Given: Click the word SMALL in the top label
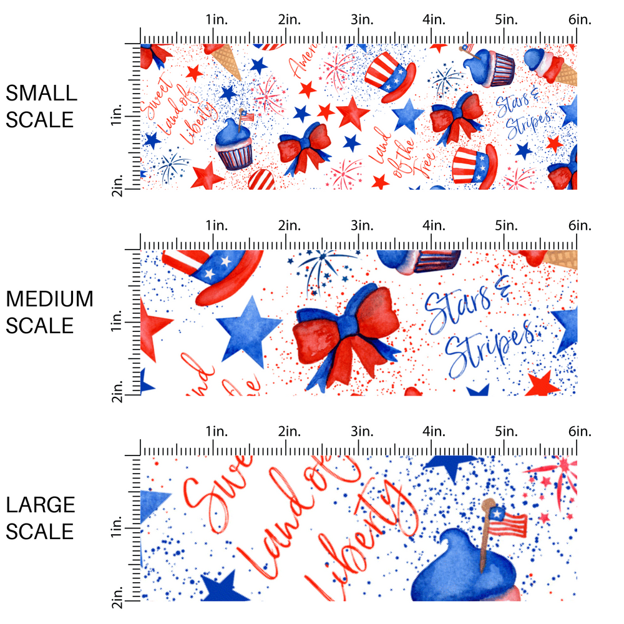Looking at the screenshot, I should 41,94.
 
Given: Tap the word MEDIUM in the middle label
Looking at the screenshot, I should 49,300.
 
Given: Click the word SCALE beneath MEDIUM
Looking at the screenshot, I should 40,326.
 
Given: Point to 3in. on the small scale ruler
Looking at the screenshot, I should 361,20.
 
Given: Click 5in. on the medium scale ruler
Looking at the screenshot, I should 507,225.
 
